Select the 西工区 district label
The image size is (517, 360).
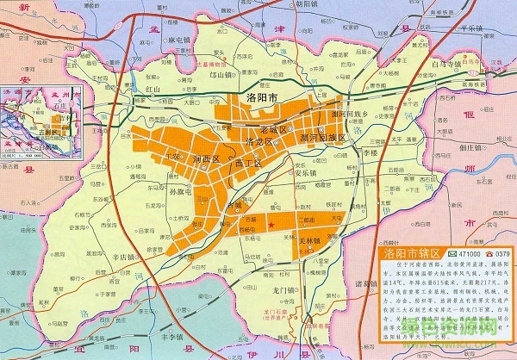pyautogui.click(x=247, y=163)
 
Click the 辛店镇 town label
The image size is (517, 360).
pyautogui.click(x=125, y=257)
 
